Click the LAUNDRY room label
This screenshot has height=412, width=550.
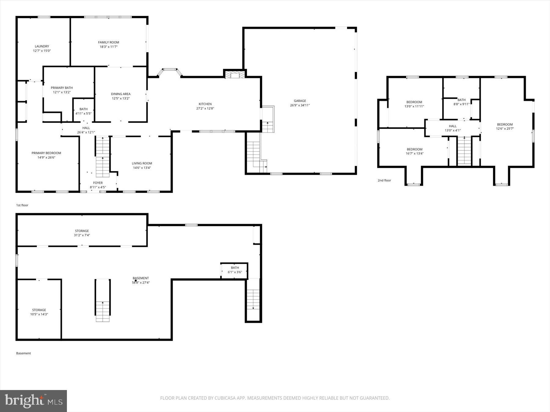coord(42,46)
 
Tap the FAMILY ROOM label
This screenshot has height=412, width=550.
coord(108,42)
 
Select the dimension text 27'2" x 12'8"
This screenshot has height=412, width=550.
coord(205,108)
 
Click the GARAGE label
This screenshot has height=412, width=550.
coord(300,101)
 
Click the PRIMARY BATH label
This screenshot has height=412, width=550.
coord(62,88)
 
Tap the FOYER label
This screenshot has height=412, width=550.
coord(98,183)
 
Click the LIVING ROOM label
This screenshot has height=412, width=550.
coord(142,163)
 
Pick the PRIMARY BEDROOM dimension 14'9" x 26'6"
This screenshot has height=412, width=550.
coord(46,157)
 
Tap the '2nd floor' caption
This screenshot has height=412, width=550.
coord(384,180)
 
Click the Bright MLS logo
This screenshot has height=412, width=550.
coord(33,401)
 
